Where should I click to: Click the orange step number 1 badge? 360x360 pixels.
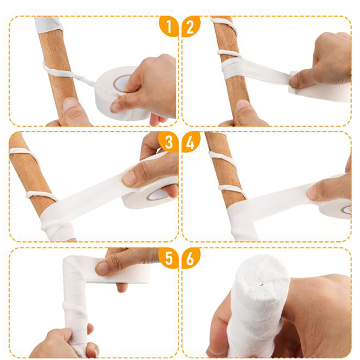(169, 27)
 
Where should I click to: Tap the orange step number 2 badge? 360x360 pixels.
(190, 27)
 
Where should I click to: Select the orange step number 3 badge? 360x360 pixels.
(169, 142)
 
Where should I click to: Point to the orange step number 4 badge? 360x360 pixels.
(190, 142)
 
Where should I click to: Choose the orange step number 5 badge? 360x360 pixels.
(169, 258)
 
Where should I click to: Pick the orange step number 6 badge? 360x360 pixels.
(190, 258)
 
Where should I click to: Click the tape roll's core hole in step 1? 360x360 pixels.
(122, 83)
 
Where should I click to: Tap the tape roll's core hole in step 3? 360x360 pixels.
(158, 195)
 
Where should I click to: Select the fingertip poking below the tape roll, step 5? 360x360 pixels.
(121, 287)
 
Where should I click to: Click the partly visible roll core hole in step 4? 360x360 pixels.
(346, 210)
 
